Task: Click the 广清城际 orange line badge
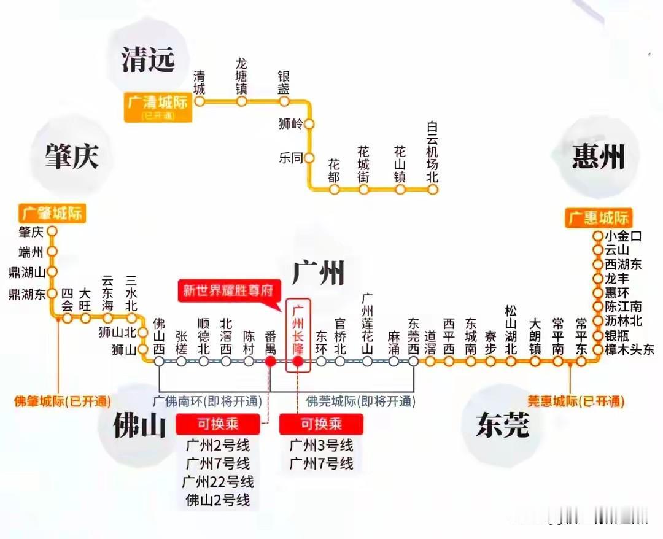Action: coord(157,106)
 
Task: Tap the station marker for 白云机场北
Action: coord(433,189)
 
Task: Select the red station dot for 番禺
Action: coord(270,362)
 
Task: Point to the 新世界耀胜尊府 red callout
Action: coord(227,290)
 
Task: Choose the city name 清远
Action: coord(148,60)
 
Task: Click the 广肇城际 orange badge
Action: coord(52,213)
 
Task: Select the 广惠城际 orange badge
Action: coord(598,217)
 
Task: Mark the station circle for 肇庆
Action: coord(52,231)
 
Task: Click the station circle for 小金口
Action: coord(598,235)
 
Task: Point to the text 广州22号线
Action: coord(219,481)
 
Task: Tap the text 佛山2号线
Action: coord(219,500)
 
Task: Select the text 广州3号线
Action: coord(321,445)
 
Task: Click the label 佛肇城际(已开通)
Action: coord(63,402)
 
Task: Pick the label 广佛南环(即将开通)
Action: coord(207,402)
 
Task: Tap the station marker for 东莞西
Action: coord(414,362)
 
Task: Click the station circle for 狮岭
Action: coord(309,124)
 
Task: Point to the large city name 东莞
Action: coord(502,425)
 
